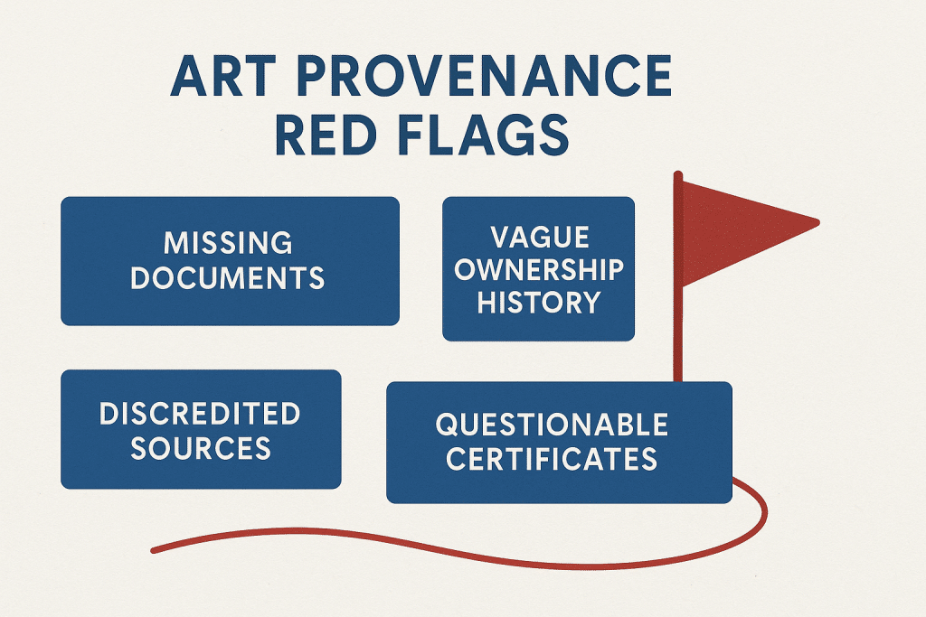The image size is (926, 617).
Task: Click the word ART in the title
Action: (x=222, y=76)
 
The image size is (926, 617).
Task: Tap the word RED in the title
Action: (x=326, y=136)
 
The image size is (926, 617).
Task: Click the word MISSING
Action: (x=228, y=242)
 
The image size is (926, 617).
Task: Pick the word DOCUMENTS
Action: (x=228, y=278)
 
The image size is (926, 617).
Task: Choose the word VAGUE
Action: (x=540, y=237)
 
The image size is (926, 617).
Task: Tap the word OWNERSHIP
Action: (x=539, y=269)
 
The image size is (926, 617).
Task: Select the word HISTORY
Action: (x=539, y=302)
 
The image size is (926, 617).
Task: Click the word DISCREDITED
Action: (x=200, y=414)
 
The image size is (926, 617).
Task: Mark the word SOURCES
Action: (x=201, y=448)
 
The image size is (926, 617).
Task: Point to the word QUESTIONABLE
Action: (x=553, y=425)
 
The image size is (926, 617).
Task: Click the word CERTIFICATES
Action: (x=552, y=459)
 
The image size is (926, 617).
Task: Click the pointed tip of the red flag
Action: (x=819, y=223)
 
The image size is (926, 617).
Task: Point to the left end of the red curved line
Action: (x=154, y=551)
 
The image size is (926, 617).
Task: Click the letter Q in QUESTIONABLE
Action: (x=447, y=425)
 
